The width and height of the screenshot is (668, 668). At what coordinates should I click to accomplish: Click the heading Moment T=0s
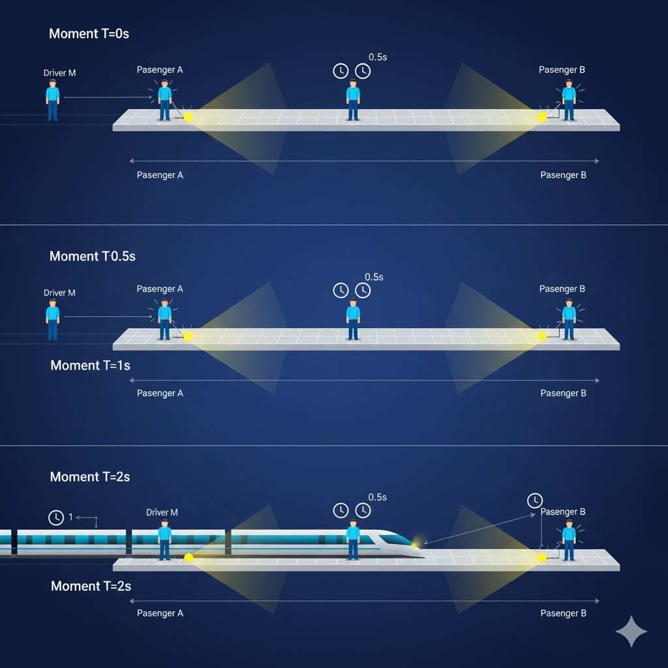89,34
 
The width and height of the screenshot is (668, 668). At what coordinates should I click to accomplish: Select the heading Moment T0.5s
92,256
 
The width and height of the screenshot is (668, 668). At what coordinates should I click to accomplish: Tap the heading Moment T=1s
90,365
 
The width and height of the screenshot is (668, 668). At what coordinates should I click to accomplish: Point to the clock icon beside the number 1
56,517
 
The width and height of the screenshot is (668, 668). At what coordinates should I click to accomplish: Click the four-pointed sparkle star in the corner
631,631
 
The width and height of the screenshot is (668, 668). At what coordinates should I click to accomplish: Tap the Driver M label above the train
162,513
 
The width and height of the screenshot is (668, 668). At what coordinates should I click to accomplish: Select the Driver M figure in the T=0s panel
53,100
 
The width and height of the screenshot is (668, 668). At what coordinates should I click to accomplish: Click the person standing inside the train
164,539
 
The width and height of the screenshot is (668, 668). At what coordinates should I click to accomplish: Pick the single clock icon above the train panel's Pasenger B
534,500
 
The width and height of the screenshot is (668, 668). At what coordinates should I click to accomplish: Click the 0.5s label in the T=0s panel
378,57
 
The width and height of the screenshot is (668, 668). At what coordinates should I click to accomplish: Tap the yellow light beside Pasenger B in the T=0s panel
541,117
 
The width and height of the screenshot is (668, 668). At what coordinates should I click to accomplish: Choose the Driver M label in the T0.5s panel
59,293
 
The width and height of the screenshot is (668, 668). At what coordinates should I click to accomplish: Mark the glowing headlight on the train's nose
416,543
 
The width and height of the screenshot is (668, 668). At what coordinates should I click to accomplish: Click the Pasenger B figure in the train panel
569,540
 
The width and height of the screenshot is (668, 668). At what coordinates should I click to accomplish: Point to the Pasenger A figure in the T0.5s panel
164,320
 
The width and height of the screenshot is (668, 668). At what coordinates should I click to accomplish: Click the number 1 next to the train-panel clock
71,517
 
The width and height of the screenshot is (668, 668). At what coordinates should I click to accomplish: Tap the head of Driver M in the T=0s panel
53,83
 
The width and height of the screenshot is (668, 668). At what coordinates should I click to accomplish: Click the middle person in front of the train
353,539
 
